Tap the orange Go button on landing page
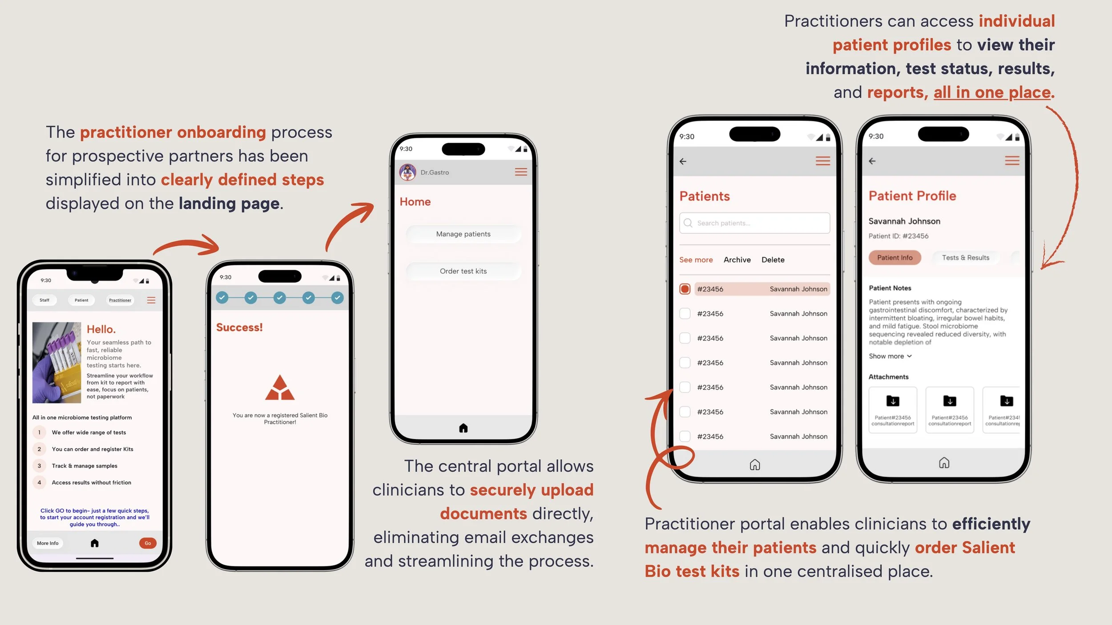[148, 543]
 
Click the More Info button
[48, 543]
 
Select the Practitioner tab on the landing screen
[120, 300]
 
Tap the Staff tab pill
[44, 300]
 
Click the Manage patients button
[463, 234]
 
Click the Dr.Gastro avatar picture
[407, 172]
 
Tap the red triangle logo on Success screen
[280, 388]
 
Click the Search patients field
[754, 223]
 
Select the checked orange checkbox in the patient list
[685, 289]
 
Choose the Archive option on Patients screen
[737, 260]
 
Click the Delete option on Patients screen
[773, 260]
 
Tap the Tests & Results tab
[965, 257]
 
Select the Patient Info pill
[894, 257]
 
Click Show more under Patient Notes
[890, 356]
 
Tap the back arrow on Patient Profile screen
[872, 161]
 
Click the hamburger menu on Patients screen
[822, 161]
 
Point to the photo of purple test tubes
[57, 362]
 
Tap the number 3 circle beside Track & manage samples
[39, 466]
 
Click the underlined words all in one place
[992, 92]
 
